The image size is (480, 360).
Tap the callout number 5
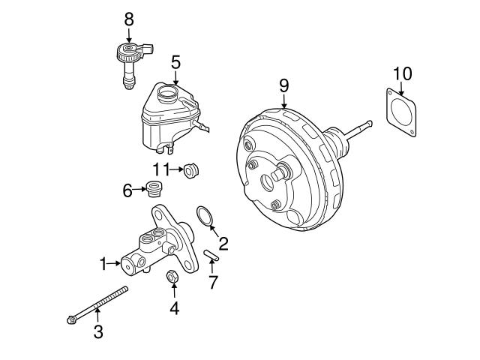coord(175,62)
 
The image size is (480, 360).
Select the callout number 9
coord(284,85)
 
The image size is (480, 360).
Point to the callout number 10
coord(403,73)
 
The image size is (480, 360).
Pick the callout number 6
coord(127,190)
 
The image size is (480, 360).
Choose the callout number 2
coord(223,243)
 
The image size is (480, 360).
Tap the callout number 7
coord(213,282)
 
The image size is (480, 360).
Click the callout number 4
coord(174,307)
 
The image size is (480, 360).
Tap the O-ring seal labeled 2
coord(205,216)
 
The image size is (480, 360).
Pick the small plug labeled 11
coord(191,171)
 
